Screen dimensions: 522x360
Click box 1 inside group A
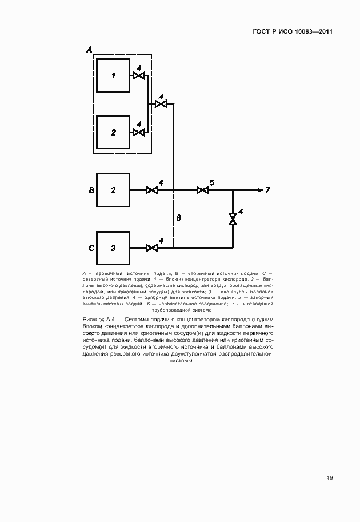click(113, 75)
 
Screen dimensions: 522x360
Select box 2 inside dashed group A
click(113, 132)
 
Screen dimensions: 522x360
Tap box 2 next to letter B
click(113, 190)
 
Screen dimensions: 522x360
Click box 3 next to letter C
click(113, 248)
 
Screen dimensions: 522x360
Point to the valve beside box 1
click(138, 75)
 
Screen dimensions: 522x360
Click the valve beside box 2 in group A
click(138, 132)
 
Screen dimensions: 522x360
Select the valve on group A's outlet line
click(161, 104)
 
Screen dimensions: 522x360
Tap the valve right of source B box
click(152, 190)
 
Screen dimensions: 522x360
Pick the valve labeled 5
click(202, 190)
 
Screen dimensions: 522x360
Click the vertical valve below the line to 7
click(233, 219)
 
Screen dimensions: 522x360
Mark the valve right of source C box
click(152, 248)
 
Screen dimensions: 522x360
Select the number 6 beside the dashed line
click(178, 218)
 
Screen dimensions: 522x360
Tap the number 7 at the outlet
click(267, 190)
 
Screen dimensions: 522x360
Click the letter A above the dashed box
click(89, 50)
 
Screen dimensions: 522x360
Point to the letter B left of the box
click(91, 190)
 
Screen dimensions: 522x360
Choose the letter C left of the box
click(91, 248)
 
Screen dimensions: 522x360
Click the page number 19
click(330, 478)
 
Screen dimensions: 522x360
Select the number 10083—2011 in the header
click(313, 31)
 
